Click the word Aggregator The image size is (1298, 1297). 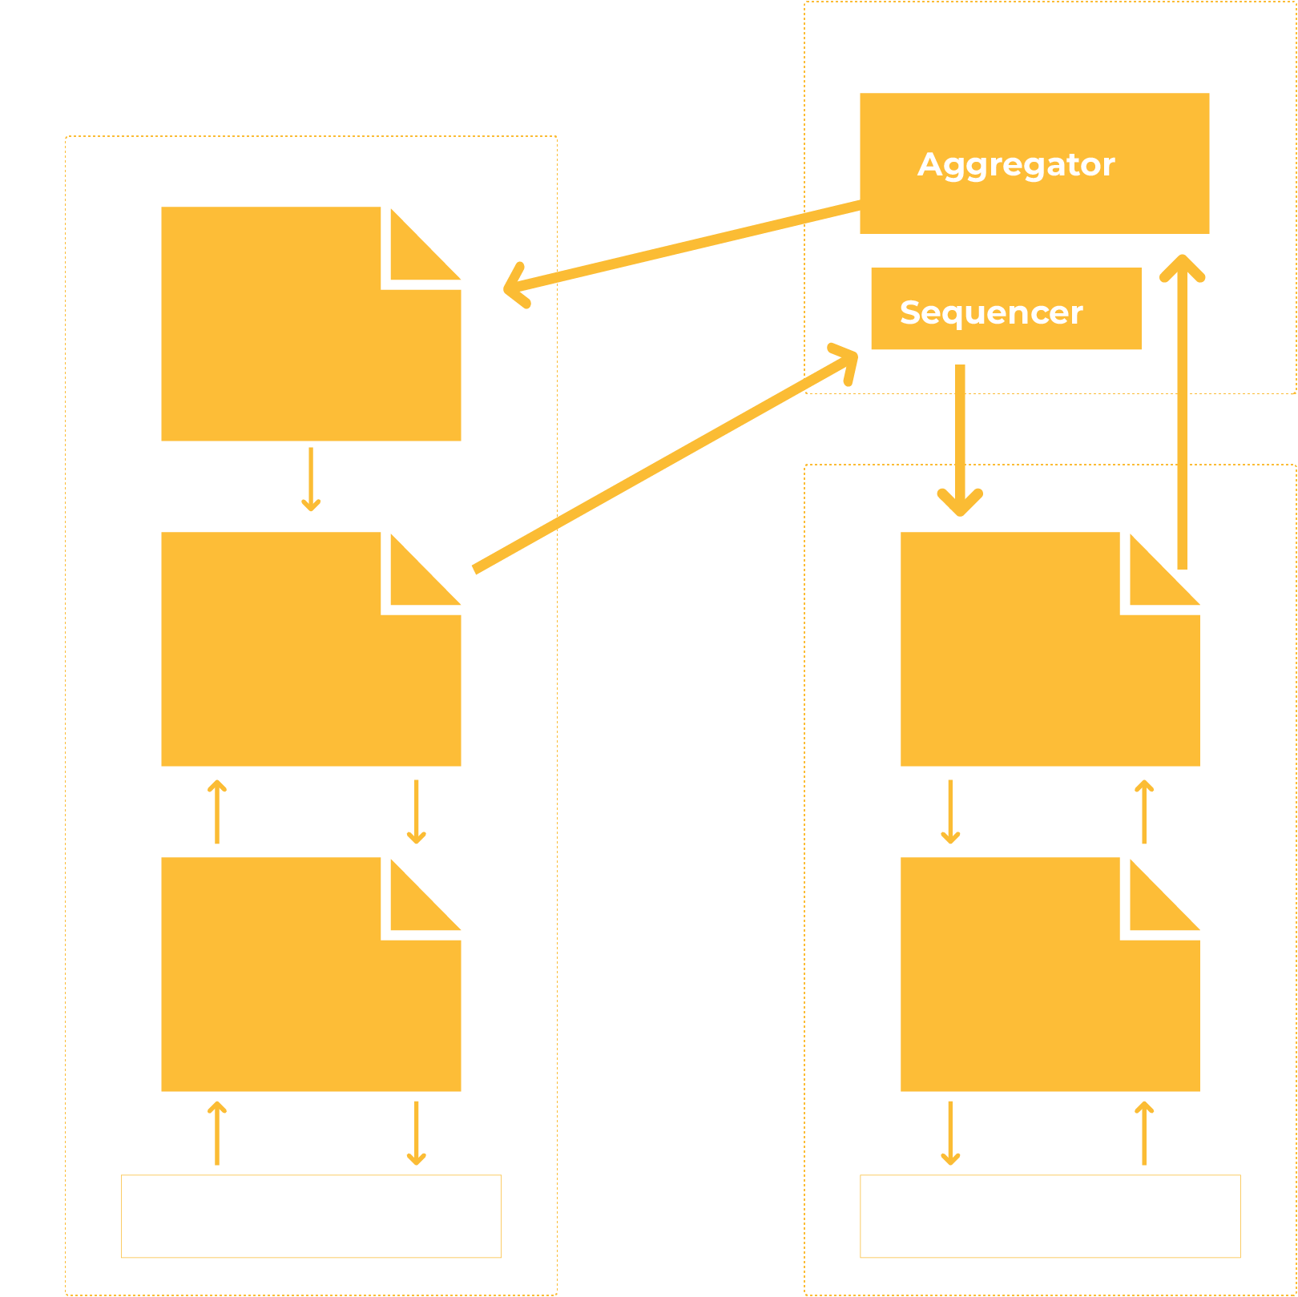point(1016,164)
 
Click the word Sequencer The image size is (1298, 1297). point(991,312)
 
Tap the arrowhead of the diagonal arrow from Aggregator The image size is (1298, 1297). point(516,286)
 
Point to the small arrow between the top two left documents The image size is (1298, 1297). point(311,479)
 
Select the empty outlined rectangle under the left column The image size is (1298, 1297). point(311,1216)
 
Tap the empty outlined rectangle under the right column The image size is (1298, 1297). point(1050,1216)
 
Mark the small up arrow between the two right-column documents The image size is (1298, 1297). point(1144,812)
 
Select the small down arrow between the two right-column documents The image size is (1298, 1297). point(950,812)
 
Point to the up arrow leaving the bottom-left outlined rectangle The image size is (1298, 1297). point(217,1133)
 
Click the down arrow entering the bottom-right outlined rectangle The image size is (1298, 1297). point(950,1133)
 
